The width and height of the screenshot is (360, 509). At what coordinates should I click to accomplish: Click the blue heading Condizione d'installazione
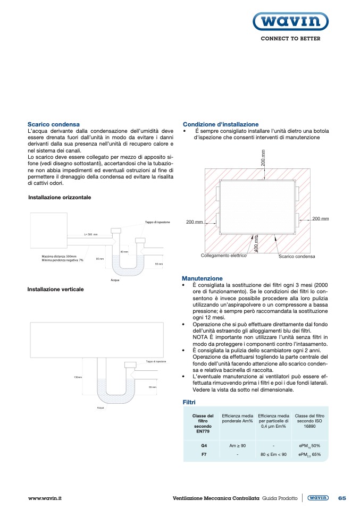tap(221, 124)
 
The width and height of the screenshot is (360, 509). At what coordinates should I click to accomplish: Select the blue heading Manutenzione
tap(202, 278)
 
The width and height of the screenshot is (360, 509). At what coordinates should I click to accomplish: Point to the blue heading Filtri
tap(190, 402)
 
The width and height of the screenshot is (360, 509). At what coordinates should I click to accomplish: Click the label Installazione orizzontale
tap(60, 197)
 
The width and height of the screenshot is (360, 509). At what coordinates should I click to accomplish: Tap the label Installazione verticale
tap(55, 290)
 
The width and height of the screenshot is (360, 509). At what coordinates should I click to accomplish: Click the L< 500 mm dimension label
tap(91, 234)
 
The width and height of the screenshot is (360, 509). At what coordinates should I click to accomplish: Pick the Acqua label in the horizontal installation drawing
tap(115, 279)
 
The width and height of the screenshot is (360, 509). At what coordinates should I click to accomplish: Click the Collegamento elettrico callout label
tap(223, 256)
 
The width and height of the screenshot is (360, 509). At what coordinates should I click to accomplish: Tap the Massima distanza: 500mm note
tap(59, 256)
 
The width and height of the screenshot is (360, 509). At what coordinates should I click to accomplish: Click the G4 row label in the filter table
tap(203, 445)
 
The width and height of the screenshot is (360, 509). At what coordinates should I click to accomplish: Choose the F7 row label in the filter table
tap(203, 455)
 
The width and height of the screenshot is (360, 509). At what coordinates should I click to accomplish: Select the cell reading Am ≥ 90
tap(237, 445)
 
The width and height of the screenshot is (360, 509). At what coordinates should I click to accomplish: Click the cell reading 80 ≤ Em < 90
tap(273, 455)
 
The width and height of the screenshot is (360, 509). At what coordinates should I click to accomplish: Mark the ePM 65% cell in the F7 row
tap(309, 455)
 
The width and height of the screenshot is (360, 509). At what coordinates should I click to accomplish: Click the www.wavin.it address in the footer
tap(45, 498)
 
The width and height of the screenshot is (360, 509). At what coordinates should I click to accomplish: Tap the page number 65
tap(342, 498)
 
